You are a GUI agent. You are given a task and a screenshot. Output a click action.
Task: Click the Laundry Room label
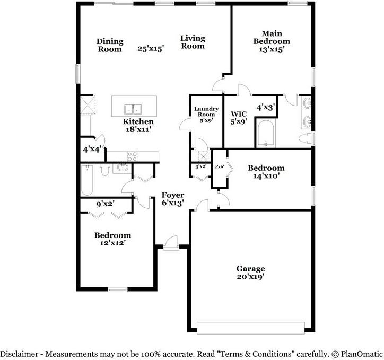coord(206,111)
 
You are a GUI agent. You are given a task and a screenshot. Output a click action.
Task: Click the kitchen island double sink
coord(133,109)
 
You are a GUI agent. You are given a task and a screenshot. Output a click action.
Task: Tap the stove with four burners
coord(132,156)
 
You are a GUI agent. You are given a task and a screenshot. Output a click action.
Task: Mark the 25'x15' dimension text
coord(151,48)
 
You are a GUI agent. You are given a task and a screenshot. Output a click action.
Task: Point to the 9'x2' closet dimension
coord(106,204)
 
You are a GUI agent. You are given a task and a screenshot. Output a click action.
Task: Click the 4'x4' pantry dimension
coord(92,149)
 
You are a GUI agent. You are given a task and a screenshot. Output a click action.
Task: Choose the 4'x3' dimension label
coord(266,107)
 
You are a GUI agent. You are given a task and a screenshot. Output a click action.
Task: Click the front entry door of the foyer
coord(171,243)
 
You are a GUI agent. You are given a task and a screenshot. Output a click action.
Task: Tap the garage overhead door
coord(251,328)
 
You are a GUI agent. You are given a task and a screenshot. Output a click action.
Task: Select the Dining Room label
coord(110,45)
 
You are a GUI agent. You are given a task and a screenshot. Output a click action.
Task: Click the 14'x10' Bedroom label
coord(266,172)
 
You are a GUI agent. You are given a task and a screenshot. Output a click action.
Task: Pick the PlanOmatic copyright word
coord(362,354)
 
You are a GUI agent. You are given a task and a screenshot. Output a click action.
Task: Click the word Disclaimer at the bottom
coord(20,354)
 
